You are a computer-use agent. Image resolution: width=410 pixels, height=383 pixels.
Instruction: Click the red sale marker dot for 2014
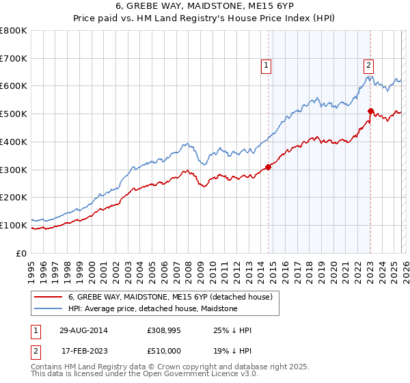click(x=269, y=166)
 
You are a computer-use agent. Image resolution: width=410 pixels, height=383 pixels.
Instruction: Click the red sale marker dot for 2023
click(x=370, y=110)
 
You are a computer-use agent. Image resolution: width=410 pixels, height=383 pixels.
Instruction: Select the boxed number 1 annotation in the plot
click(x=266, y=66)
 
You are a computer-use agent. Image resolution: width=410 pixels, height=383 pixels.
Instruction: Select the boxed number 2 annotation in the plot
click(x=368, y=66)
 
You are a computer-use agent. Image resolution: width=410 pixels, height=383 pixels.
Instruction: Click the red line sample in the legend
click(x=50, y=297)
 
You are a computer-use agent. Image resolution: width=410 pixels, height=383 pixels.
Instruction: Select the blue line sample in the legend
click(x=50, y=308)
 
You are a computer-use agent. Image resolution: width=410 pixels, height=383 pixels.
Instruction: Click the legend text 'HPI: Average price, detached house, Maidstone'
click(x=152, y=308)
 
